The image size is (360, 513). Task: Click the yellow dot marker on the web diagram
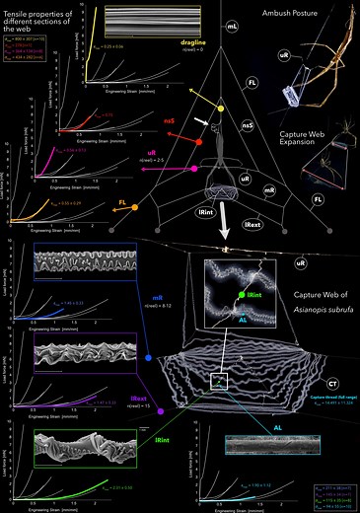coord(221,108)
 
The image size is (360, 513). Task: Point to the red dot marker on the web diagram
coord(200,142)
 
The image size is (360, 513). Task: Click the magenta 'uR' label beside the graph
coord(152,154)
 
